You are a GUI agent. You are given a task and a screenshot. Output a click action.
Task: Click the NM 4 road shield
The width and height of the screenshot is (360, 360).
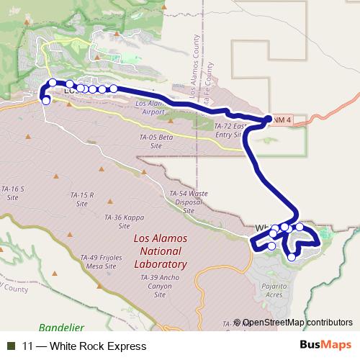(x=283, y=120)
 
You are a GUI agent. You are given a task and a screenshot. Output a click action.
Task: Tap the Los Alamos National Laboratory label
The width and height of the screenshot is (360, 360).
(x=160, y=251)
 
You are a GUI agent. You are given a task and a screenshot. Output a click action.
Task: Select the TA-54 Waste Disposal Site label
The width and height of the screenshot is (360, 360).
(x=189, y=202)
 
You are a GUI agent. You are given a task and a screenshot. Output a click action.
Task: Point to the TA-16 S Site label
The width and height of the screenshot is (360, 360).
(x=12, y=192)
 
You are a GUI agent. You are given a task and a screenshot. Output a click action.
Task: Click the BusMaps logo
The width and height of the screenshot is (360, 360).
(x=325, y=346)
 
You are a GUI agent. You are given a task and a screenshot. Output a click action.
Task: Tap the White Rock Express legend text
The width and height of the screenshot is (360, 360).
(x=85, y=346)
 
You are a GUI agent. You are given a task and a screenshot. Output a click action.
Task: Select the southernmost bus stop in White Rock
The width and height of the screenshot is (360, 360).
(x=292, y=257)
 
